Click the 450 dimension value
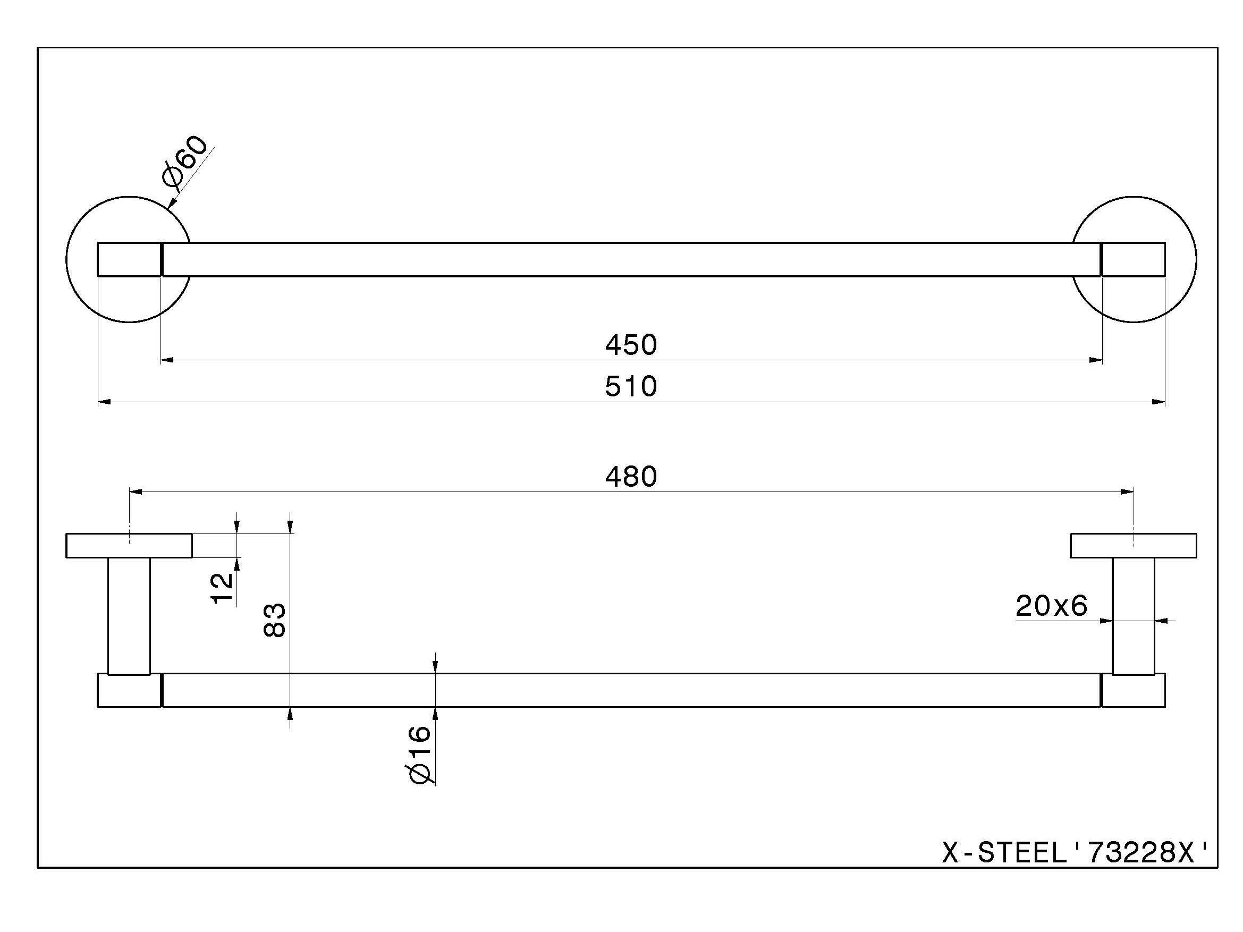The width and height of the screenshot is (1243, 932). click(x=630, y=345)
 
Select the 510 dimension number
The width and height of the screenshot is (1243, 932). click(x=630, y=387)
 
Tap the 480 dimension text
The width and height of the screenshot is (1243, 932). click(x=630, y=477)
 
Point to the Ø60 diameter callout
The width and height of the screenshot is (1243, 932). click(x=184, y=161)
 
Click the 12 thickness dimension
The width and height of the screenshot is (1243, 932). click(x=223, y=587)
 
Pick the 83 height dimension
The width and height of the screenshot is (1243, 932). click(x=275, y=620)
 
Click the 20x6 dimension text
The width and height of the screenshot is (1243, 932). click(x=1051, y=606)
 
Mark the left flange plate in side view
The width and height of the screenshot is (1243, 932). click(x=129, y=546)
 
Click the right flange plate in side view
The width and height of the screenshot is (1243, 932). click(x=1133, y=546)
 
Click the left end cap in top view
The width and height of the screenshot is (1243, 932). click(x=129, y=259)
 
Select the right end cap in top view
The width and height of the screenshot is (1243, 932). click(x=1133, y=259)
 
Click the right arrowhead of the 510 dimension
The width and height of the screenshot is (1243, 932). click(x=1158, y=402)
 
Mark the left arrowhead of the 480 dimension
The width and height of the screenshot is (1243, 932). click(x=137, y=492)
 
